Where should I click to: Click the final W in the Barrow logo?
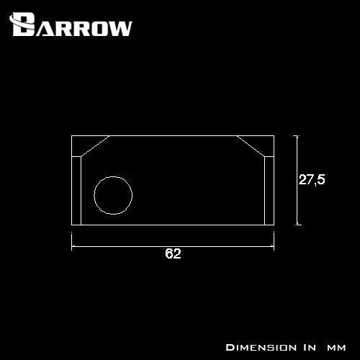click(120, 27)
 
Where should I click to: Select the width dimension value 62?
click(172, 254)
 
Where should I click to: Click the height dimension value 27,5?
click(312, 180)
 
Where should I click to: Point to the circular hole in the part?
click(113, 195)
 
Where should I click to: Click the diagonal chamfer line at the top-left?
click(96, 146)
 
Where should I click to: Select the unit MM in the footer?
click(338, 346)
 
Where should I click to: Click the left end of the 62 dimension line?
click(71, 245)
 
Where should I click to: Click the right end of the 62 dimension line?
click(273, 245)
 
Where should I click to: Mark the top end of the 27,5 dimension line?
click(297, 135)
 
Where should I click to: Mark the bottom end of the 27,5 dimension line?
click(297, 225)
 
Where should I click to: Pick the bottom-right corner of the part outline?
click(273, 225)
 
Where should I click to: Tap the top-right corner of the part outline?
click(273, 135)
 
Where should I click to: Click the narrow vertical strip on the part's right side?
click(269, 191)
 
